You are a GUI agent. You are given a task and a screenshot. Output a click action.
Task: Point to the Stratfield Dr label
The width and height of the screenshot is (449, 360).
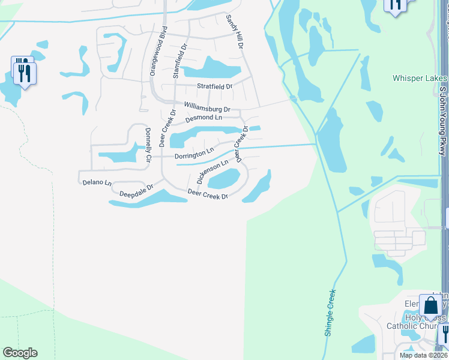pos(215,86)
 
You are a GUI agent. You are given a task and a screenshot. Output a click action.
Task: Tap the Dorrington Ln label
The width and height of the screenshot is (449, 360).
pos(194,155)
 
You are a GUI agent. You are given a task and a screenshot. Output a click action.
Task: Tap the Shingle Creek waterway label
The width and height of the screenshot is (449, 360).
pos(331,313)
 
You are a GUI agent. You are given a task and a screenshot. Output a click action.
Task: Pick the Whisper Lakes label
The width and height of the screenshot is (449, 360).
pos(420,79)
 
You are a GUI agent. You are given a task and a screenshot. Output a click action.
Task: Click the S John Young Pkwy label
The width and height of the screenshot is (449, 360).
pos(444,120)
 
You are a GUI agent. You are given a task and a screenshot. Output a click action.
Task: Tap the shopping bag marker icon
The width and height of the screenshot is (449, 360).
pos(430,306)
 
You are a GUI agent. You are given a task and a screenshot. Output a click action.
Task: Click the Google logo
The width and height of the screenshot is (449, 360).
pos(20,353)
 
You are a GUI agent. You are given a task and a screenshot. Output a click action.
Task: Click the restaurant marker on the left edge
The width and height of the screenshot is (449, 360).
pos(25,73)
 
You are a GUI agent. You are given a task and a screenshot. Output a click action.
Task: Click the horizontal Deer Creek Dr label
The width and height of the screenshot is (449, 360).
pos(208,194)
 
